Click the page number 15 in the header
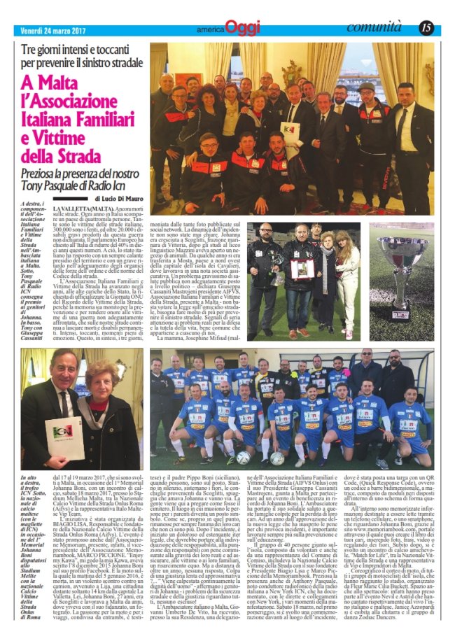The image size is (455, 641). click(x=427, y=28)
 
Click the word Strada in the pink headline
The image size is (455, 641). click(x=83, y=153)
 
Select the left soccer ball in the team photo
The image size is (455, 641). click(x=244, y=456)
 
